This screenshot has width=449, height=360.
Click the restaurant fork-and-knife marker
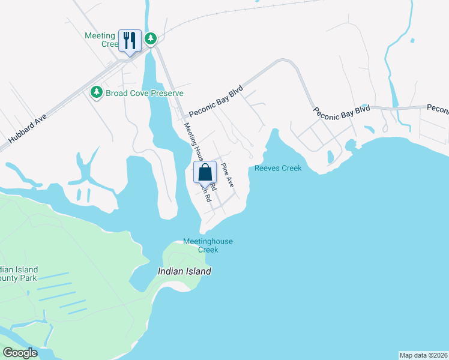pyautogui.click(x=130, y=40)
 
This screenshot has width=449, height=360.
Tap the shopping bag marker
pyautogui.click(x=205, y=172)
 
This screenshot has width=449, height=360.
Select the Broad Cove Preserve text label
pyautogui.click(x=145, y=93)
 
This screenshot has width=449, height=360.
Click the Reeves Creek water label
pyautogui.click(x=278, y=169)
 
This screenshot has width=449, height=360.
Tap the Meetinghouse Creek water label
pyautogui.click(x=208, y=245)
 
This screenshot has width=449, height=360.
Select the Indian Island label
pyautogui.click(x=184, y=271)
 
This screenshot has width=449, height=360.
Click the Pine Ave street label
pyautogui.click(x=226, y=173)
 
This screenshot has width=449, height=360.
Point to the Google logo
pyautogui.click(x=20, y=353)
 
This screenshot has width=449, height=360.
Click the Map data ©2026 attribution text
pyautogui.click(x=423, y=355)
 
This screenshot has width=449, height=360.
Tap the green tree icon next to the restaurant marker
pyautogui.click(x=151, y=39)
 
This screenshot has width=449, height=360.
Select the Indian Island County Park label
pyautogui.click(x=18, y=274)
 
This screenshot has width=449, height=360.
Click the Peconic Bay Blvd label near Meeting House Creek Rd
pyautogui.click(x=214, y=101)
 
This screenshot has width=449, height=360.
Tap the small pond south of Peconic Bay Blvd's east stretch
pyautogui.click(x=330, y=157)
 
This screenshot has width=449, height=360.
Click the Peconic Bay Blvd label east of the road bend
pyautogui.click(x=340, y=111)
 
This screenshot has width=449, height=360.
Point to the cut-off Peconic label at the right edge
pyautogui.click(x=438, y=109)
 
